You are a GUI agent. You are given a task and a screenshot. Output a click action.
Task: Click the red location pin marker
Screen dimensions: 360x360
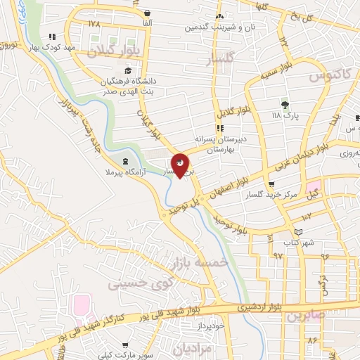click(181, 165)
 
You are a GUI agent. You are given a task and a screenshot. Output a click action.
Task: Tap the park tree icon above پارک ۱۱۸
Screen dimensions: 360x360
click(285, 103)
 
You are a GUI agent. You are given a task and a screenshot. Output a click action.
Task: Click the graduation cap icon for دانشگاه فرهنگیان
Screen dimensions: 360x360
click(128, 70)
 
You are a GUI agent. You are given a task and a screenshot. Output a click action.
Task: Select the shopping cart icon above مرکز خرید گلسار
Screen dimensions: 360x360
click(271, 184)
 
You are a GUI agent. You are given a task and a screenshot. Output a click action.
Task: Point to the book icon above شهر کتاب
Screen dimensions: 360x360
click(299, 232)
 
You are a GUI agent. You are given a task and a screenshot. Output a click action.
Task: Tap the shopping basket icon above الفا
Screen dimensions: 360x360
click(147, 13)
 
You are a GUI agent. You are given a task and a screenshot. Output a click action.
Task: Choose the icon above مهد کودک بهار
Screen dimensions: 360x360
click(51, 37)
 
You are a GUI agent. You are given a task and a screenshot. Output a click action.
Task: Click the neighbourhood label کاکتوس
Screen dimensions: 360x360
click(328, 75)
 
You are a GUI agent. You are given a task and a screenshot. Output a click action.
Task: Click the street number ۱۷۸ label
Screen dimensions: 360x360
click(95, 24)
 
